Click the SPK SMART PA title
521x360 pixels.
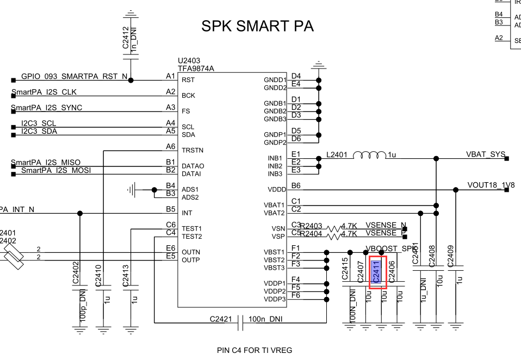[x=257, y=26]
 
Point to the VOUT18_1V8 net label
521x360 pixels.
[x=491, y=185]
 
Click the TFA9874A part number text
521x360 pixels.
[x=196, y=69]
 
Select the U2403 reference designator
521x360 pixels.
[x=189, y=61]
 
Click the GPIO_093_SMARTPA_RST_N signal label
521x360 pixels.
[x=74, y=77]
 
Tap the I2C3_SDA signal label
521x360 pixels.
[x=39, y=131]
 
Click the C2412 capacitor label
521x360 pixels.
[x=126, y=38]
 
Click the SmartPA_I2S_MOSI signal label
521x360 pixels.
[x=56, y=171]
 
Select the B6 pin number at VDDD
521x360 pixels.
[x=296, y=185]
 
